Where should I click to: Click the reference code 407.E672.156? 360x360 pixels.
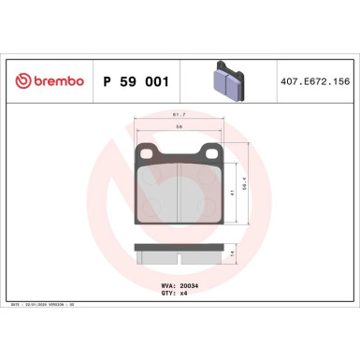[313, 81]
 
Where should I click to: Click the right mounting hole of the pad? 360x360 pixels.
[211, 155]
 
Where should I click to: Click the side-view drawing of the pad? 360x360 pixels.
[180, 253]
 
